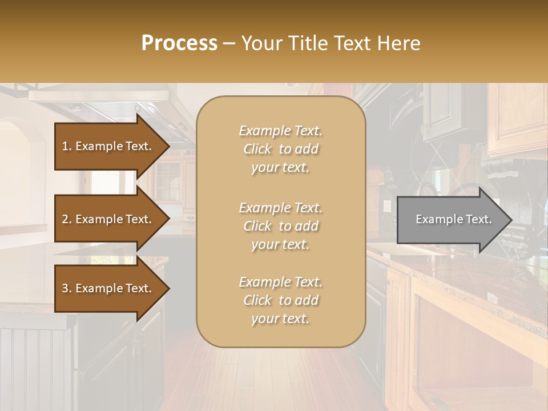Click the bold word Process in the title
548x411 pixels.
coord(179,43)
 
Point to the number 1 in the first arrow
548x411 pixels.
coord(66,146)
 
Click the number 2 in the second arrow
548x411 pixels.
coord(66,219)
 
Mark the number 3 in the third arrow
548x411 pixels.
coord(66,288)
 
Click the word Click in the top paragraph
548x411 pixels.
coord(257,149)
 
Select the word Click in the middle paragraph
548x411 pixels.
coord(257,226)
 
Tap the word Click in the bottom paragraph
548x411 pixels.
coord(257,300)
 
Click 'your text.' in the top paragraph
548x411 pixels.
coord(280,168)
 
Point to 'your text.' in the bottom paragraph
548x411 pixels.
coord(280,319)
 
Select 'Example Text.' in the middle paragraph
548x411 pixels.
coord(280,208)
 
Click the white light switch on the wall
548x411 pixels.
coord(388,206)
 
